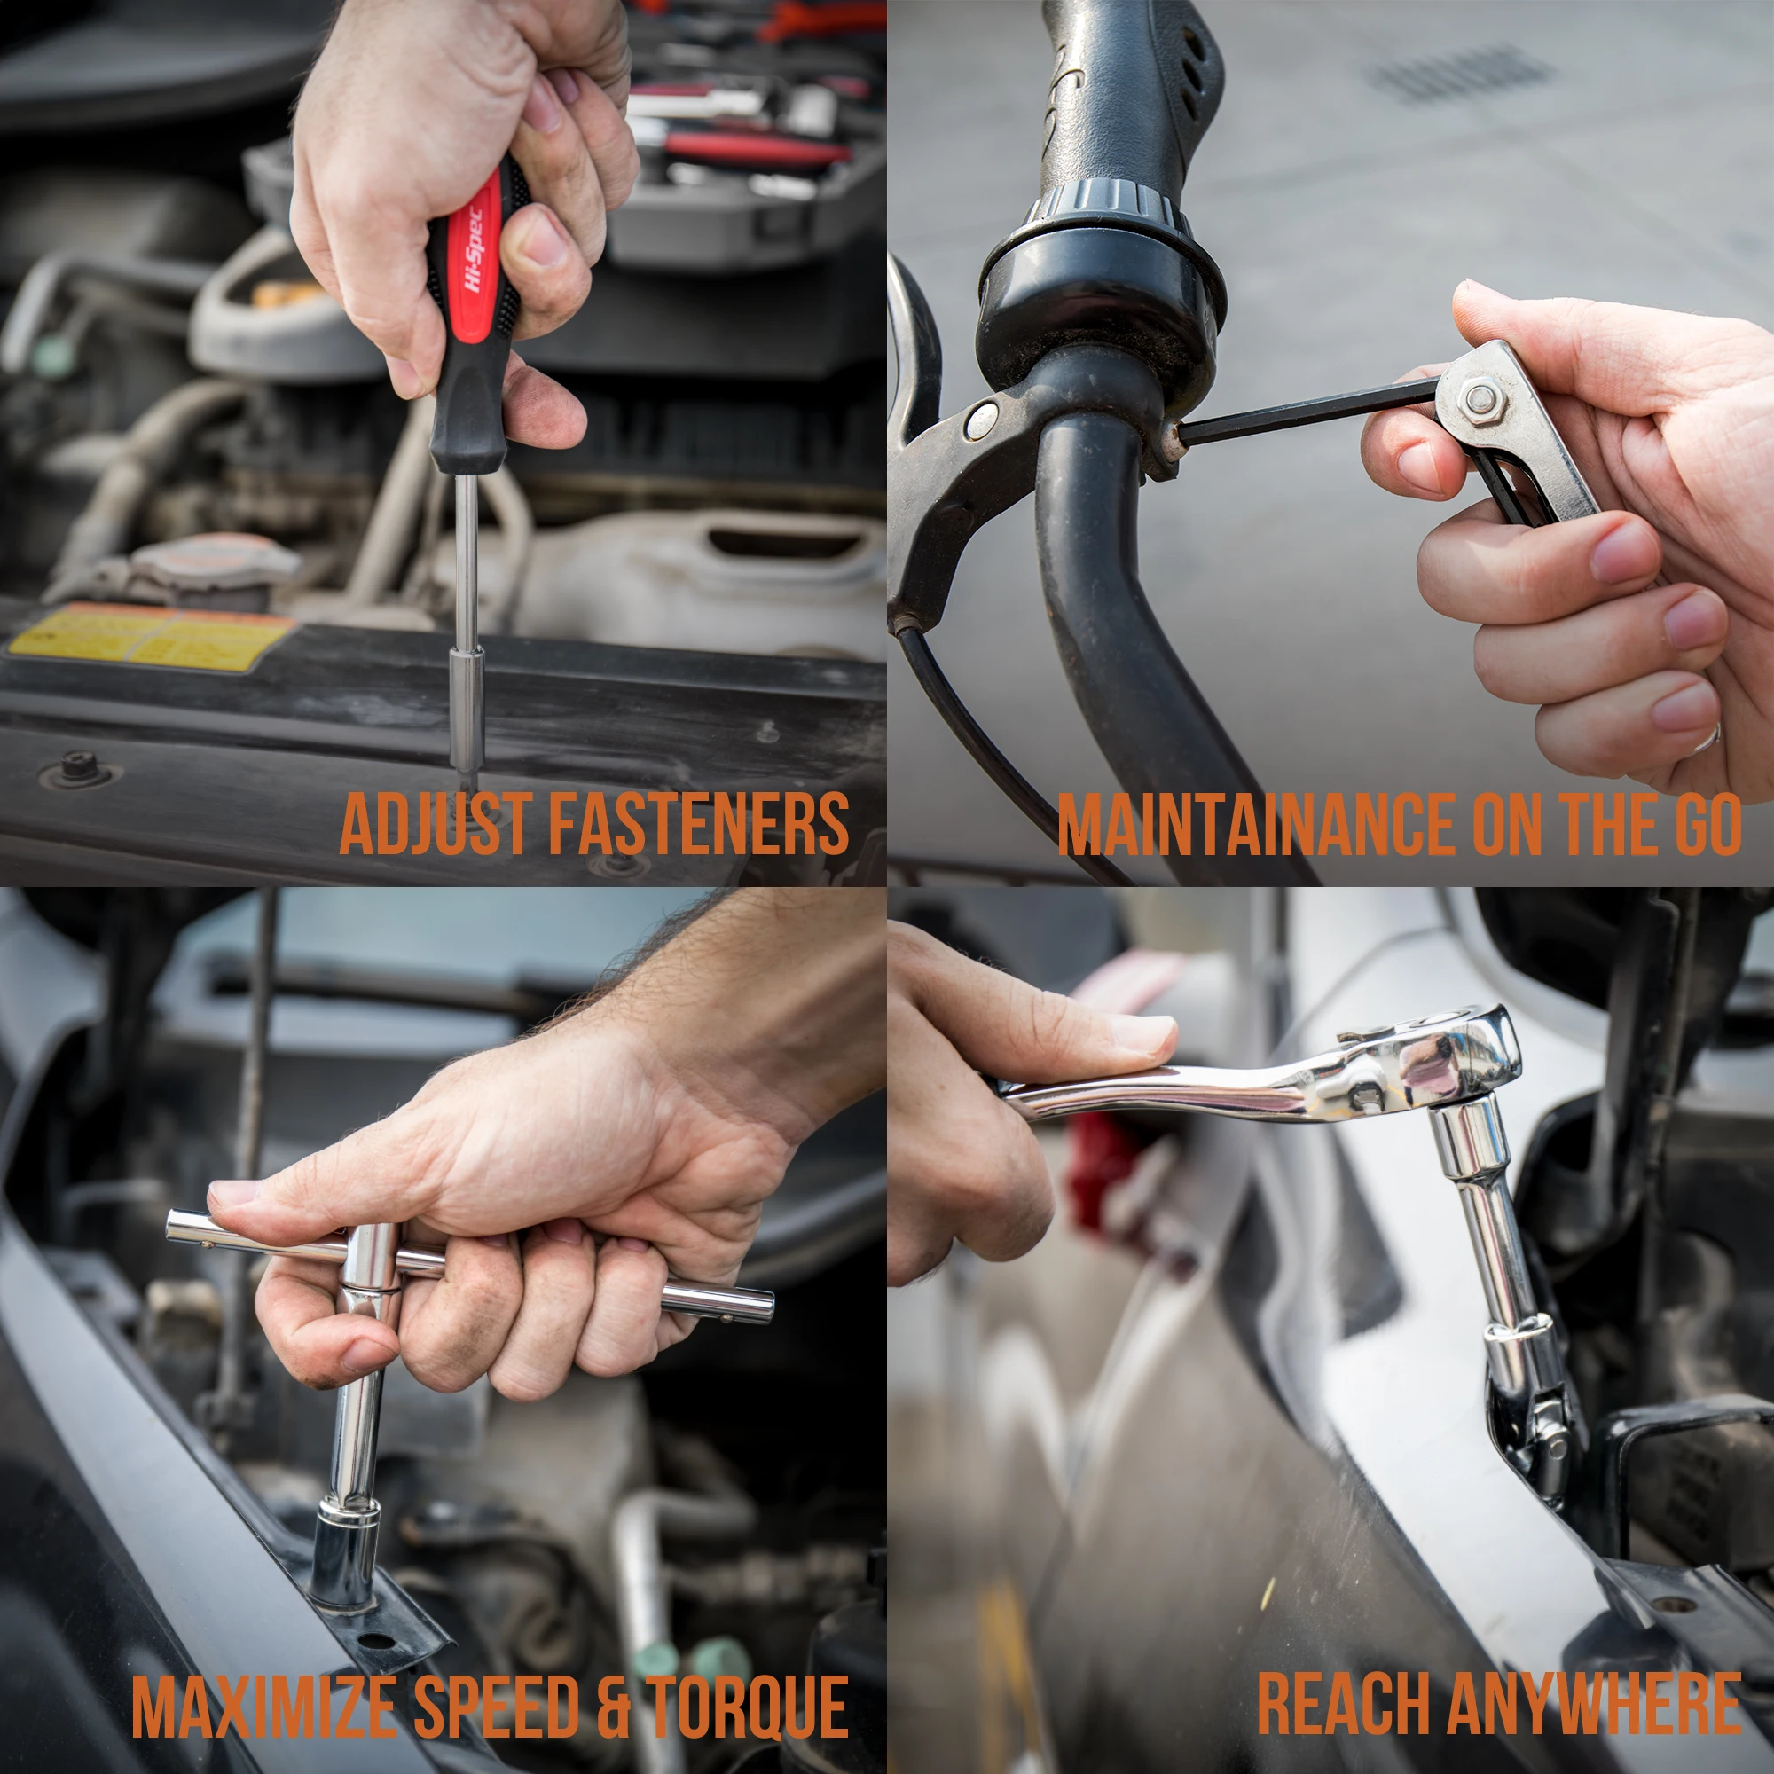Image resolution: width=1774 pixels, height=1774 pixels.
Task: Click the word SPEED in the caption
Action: tap(496, 1706)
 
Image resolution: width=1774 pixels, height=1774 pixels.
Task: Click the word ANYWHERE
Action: tap(1593, 1704)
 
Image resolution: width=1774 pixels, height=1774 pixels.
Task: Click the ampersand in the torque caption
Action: tap(611, 1706)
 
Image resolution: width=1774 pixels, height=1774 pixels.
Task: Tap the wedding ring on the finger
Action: tap(1706, 738)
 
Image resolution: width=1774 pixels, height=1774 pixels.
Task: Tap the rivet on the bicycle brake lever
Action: tap(982, 420)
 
